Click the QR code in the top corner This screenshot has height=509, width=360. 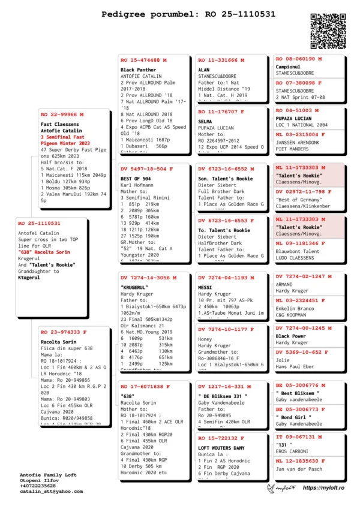(329, 29)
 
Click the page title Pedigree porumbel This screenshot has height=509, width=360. (179, 14)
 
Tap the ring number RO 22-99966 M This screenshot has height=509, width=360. (62, 114)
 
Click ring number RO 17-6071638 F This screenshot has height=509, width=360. (145, 387)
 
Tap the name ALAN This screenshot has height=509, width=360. (204, 70)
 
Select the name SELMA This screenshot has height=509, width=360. (206, 122)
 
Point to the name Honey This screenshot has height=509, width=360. (206, 339)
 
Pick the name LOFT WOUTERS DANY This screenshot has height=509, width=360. (221, 448)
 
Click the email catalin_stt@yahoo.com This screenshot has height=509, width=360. (52, 491)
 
